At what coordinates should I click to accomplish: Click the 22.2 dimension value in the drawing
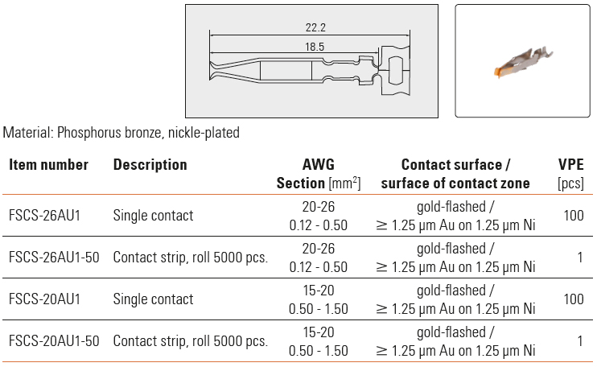[315, 27]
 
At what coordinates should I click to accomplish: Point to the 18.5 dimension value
[315, 47]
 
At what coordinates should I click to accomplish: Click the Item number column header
[48, 165]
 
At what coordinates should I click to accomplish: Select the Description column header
[150, 165]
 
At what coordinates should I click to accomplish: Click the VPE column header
[570, 164]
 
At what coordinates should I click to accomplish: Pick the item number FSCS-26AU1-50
[54, 258]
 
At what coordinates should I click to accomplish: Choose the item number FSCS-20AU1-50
[54, 341]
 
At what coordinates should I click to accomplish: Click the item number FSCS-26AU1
[44, 216]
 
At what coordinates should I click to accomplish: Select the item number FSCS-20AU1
[44, 299]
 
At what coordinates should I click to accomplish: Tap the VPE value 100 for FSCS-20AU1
[574, 299]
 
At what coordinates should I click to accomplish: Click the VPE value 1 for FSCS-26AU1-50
[580, 258]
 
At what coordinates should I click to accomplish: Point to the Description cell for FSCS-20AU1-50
[191, 341]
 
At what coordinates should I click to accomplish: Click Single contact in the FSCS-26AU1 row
[153, 216]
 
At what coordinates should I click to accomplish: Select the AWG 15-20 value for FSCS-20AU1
[319, 291]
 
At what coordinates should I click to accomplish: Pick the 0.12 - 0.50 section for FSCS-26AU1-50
[319, 267]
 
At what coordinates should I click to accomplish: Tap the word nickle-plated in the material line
[204, 133]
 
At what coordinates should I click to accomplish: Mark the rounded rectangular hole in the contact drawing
[395, 70]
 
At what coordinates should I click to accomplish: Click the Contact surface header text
[455, 165]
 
